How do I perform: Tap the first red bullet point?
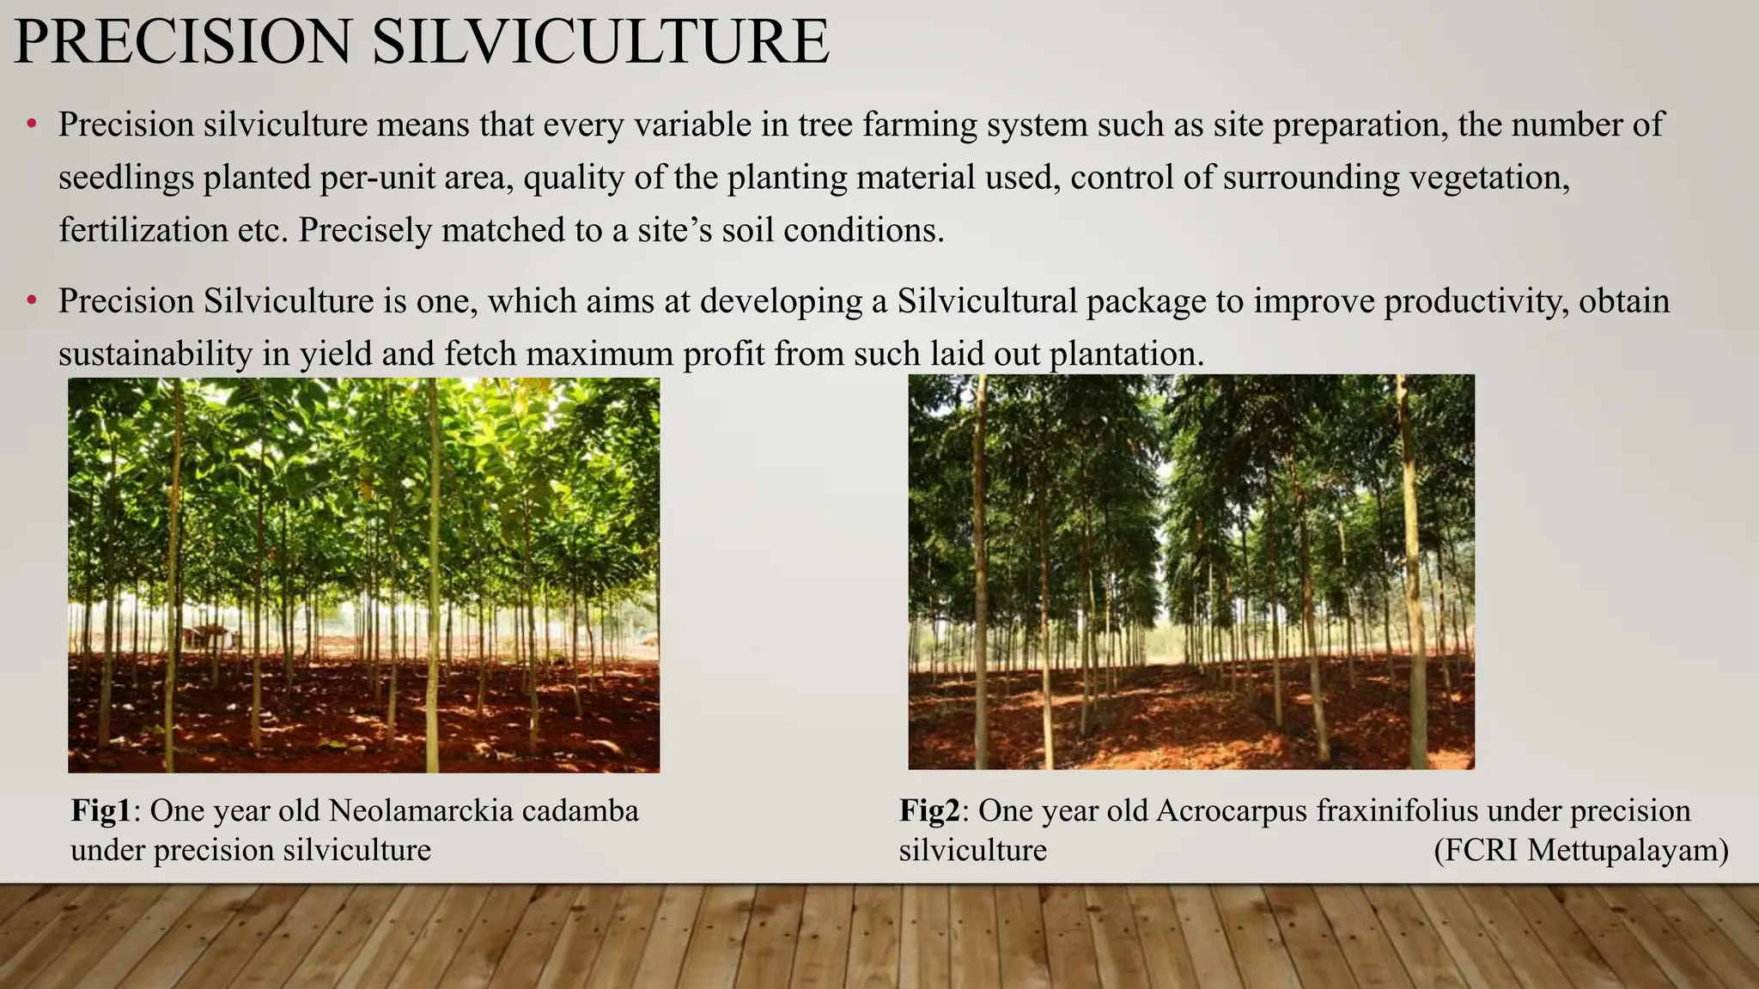[32, 125]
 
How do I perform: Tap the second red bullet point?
[32, 301]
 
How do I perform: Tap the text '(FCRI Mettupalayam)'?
[1581, 850]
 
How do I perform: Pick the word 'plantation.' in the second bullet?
[1128, 354]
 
